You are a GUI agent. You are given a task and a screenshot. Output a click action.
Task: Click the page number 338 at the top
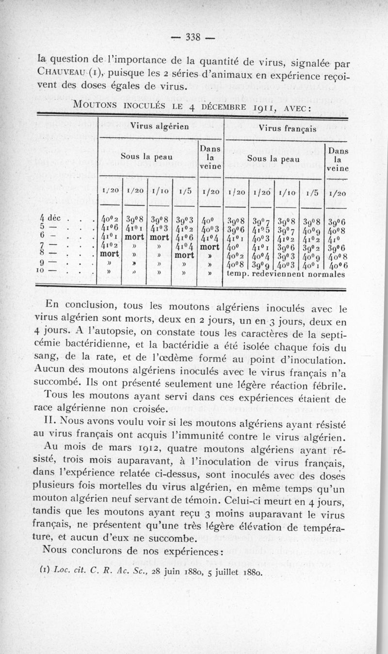[194, 38]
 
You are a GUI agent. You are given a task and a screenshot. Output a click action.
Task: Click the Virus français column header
[288, 129]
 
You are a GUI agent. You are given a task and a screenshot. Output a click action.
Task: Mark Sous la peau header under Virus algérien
[147, 158]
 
